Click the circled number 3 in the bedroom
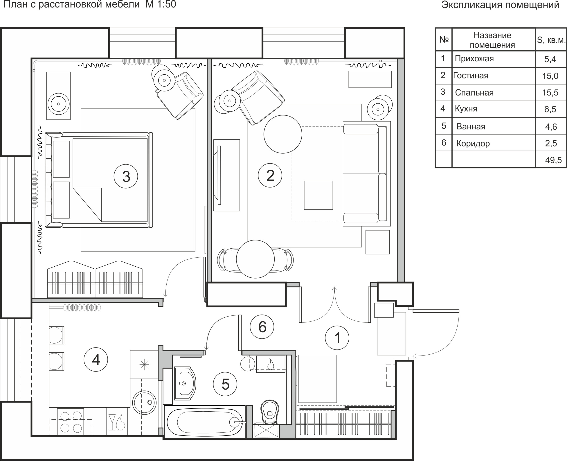(126, 176)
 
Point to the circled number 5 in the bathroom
(225, 384)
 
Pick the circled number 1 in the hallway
(337, 338)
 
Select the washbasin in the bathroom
(185, 383)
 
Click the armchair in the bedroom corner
(180, 96)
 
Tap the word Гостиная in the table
(471, 76)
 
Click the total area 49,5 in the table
(553, 160)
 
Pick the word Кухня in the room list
(466, 109)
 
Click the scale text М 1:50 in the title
(161, 4)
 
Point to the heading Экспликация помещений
(500, 5)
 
